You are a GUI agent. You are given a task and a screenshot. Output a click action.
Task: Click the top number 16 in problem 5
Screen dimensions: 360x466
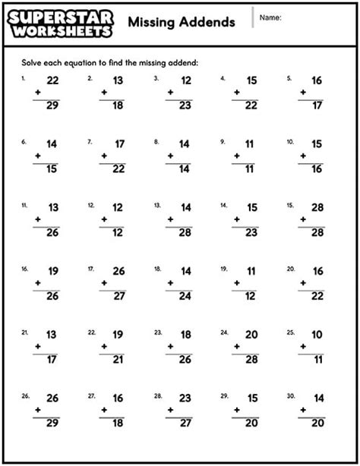[316, 80]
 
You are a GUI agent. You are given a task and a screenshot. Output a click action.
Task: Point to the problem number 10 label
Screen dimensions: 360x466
[289, 142]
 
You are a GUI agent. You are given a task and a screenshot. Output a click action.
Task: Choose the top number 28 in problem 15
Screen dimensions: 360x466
[316, 206]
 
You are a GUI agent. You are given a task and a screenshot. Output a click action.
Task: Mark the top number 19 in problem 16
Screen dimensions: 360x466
[52, 270]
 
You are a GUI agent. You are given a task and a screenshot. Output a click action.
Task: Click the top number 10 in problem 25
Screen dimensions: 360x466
[316, 334]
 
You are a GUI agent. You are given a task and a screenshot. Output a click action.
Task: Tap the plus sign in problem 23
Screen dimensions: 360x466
[169, 347]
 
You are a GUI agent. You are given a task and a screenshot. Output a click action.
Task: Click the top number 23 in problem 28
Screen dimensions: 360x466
[184, 397]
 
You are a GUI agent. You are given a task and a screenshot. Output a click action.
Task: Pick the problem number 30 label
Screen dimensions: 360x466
[289, 395]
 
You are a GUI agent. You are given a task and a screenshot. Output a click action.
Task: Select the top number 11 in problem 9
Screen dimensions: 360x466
[249, 143]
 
